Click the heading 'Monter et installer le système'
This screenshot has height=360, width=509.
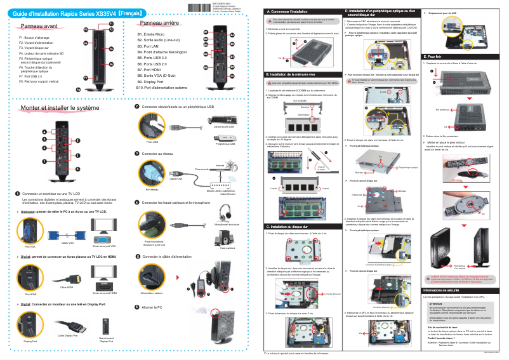(60, 109)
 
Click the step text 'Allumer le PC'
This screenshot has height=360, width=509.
(152, 307)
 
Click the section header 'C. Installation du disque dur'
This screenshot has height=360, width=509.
(289, 226)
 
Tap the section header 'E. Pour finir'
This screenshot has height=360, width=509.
(435, 57)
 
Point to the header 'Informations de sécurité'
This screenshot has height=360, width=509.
(445, 291)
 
